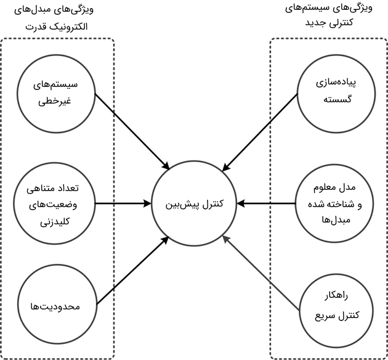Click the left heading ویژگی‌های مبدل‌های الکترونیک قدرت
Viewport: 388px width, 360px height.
click(59, 18)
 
